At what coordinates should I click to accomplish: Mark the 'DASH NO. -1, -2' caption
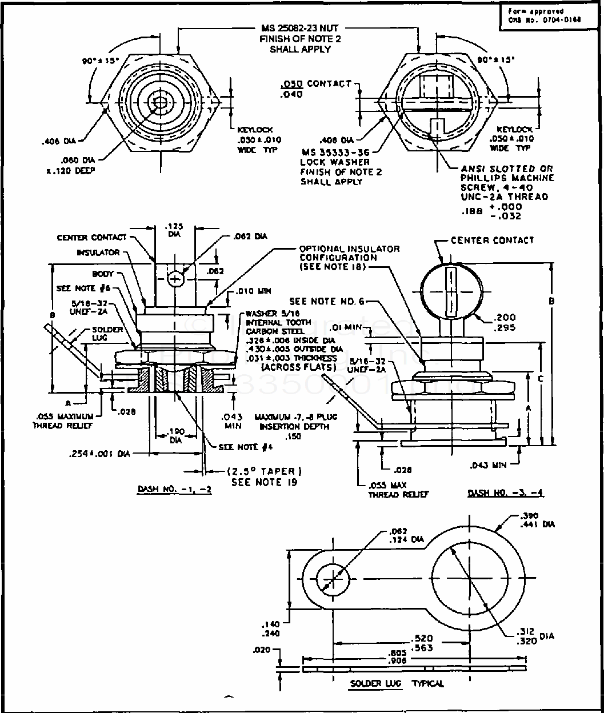(174, 490)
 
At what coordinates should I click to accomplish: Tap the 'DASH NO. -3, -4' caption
(505, 493)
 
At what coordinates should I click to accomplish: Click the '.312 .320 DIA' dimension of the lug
(531, 636)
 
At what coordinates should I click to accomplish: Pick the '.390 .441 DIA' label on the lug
(534, 520)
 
